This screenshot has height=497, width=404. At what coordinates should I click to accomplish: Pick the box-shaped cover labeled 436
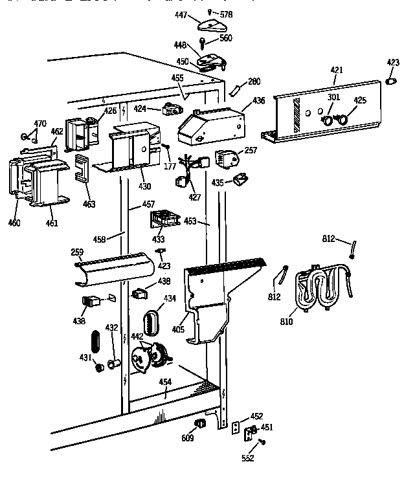tap(210, 126)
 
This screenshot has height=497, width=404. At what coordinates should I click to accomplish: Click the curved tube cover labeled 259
tap(115, 267)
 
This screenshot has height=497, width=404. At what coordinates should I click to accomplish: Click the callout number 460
tap(14, 223)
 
